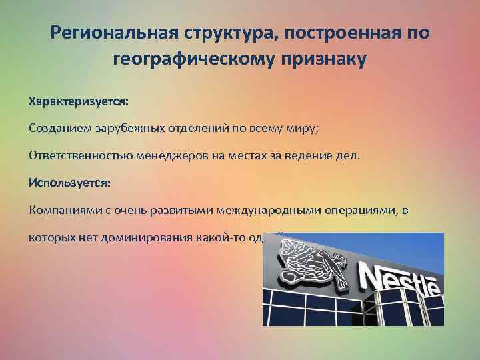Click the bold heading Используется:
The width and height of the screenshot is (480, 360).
click(x=69, y=181)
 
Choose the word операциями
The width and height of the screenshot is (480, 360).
click(x=360, y=210)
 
